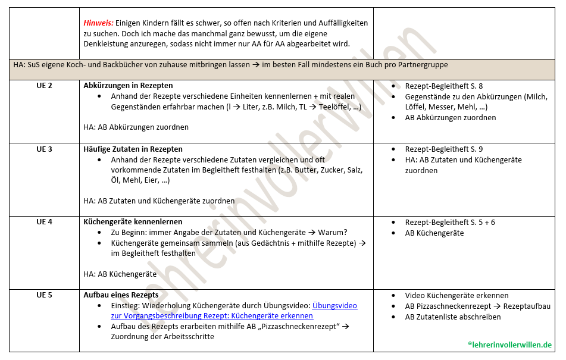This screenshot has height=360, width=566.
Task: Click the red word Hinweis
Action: pyautogui.click(x=98, y=23)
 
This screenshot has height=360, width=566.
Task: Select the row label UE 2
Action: pyautogui.click(x=44, y=86)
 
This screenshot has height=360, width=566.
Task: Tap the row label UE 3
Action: pyautogui.click(x=44, y=149)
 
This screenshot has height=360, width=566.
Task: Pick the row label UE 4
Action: pyautogui.click(x=44, y=222)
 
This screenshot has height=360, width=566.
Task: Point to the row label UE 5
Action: pyautogui.click(x=44, y=295)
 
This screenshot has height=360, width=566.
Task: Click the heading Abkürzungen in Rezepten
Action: pyautogui.click(x=128, y=86)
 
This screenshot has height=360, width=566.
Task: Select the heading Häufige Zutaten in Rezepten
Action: pyautogui.click(x=133, y=149)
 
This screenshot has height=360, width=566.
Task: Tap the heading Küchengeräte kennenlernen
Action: pyautogui.click(x=133, y=222)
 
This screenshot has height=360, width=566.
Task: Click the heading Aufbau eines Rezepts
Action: pyautogui.click(x=121, y=295)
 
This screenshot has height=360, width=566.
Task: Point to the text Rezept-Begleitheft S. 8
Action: pyautogui.click(x=444, y=86)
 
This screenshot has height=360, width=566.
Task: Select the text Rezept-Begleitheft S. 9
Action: pyautogui.click(x=444, y=149)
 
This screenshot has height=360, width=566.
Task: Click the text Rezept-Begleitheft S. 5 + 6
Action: pyautogui.click(x=450, y=222)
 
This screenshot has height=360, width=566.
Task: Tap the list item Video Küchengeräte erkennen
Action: pyautogui.click(x=456, y=295)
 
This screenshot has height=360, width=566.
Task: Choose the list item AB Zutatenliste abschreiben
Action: pyautogui.click(x=453, y=317)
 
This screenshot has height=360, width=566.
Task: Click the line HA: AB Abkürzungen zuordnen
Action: pyautogui.click(x=136, y=127)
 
